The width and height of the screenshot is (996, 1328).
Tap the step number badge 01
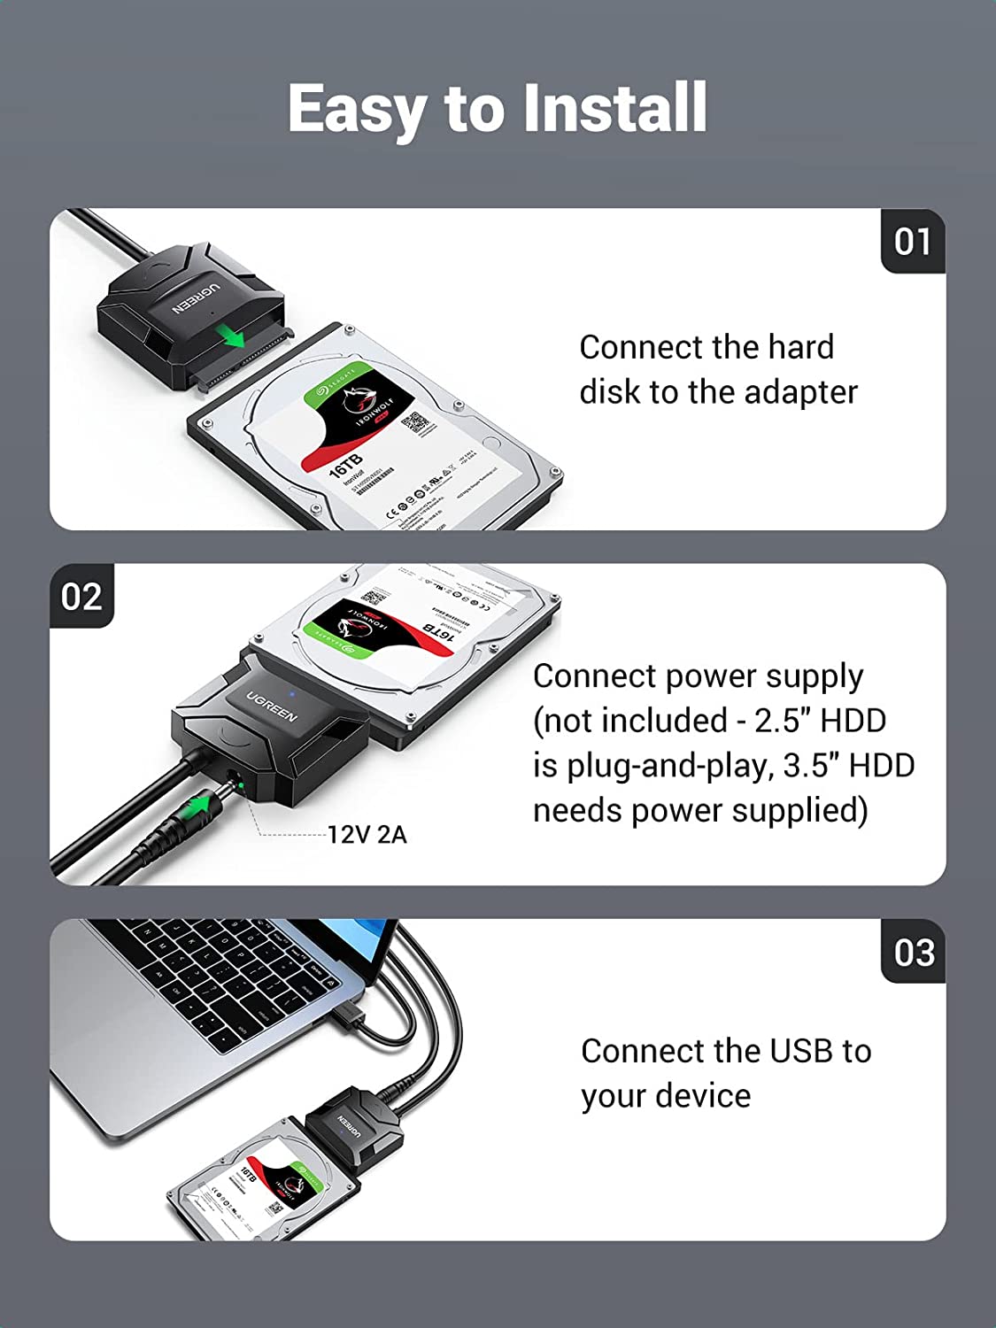tap(913, 242)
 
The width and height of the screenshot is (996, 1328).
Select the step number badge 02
tap(81, 597)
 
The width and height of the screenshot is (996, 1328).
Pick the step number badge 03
tap(914, 953)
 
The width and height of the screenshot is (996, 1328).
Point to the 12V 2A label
tap(367, 835)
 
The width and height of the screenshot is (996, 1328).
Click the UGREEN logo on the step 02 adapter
tap(271, 706)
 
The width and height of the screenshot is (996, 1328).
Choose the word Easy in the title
tap(356, 108)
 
